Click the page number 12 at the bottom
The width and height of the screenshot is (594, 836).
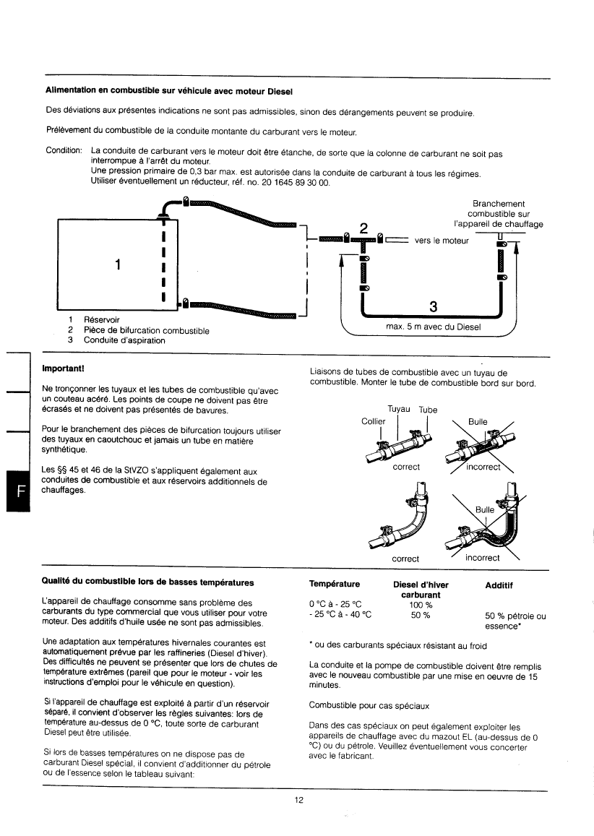pos(298,799)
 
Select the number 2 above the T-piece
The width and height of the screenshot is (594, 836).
pos(364,228)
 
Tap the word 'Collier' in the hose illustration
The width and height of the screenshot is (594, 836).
pos(374,421)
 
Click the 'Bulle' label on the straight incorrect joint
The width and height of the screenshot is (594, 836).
pos(478,421)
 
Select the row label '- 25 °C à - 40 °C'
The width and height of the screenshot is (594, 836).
pos(340,616)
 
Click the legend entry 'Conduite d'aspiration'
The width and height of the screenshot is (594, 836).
pos(124,340)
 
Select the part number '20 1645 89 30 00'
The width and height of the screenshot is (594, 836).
pos(293,183)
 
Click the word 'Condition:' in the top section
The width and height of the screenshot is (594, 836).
pos(64,154)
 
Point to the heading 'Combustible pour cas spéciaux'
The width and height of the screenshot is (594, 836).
pos(369,704)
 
